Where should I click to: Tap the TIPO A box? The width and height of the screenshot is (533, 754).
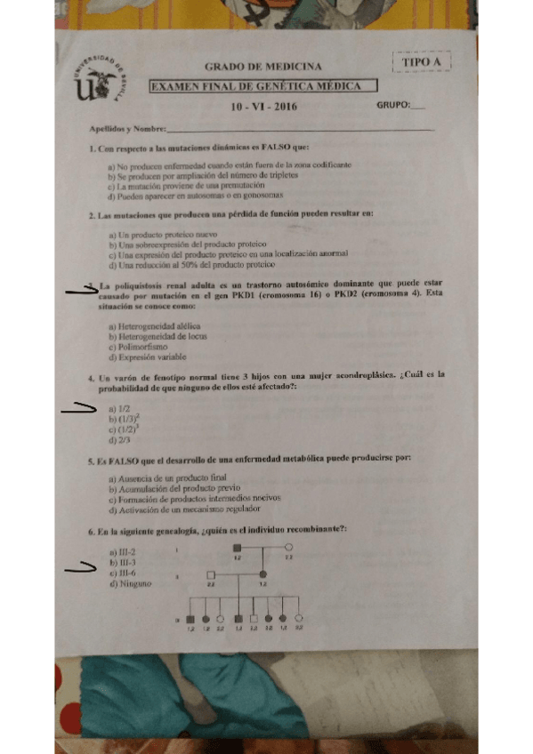pos(421,61)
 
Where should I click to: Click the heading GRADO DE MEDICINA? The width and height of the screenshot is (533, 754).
pos(263,67)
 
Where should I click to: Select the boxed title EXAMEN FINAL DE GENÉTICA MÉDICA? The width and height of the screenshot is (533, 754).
pos(262,86)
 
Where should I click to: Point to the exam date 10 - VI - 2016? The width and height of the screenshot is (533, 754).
pos(263,107)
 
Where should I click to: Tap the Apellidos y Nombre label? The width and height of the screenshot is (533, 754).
pos(115,130)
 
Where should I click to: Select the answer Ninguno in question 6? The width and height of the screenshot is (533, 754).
pos(130,583)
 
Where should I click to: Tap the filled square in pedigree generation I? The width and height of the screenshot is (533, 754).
pos(238,548)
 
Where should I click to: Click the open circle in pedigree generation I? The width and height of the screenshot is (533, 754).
pos(289,548)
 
